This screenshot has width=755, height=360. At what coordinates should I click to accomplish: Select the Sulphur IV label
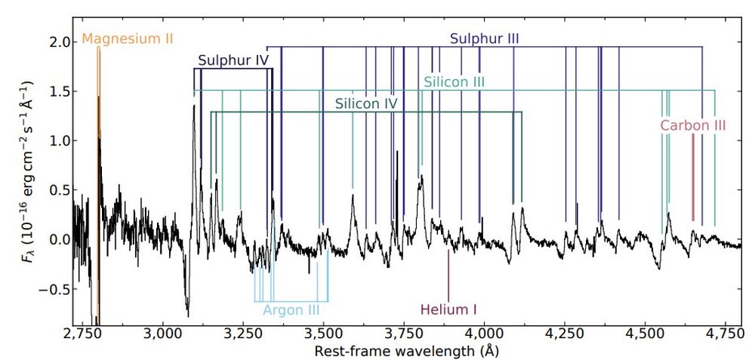point(234,60)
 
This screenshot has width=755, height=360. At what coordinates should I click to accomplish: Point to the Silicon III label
point(454,81)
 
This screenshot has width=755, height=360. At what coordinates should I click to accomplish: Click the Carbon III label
point(693,125)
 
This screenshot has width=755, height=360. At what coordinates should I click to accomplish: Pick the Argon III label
point(291,309)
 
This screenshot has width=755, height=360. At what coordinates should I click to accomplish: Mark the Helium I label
point(448,309)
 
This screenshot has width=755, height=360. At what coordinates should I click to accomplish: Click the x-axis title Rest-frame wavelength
point(407,351)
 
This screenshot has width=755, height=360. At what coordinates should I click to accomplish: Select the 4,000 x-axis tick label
point(484,334)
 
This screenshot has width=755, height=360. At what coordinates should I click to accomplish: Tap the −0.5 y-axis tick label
point(54,290)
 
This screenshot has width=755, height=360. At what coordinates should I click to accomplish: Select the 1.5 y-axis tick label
point(58,91)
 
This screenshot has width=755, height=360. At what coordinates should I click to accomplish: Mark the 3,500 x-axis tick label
point(323,334)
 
